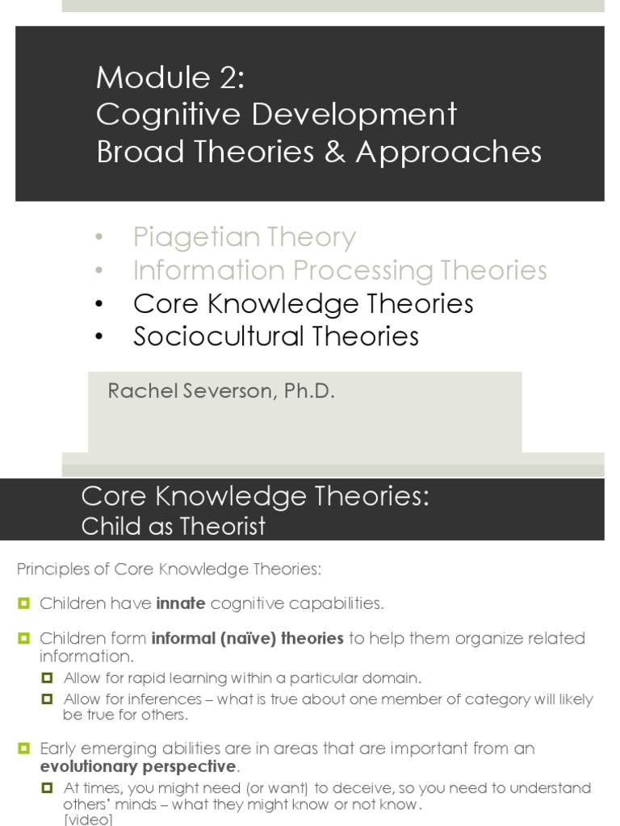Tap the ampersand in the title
pos(330,152)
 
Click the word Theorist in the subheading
pos(224,527)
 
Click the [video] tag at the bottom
pos(88,820)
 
